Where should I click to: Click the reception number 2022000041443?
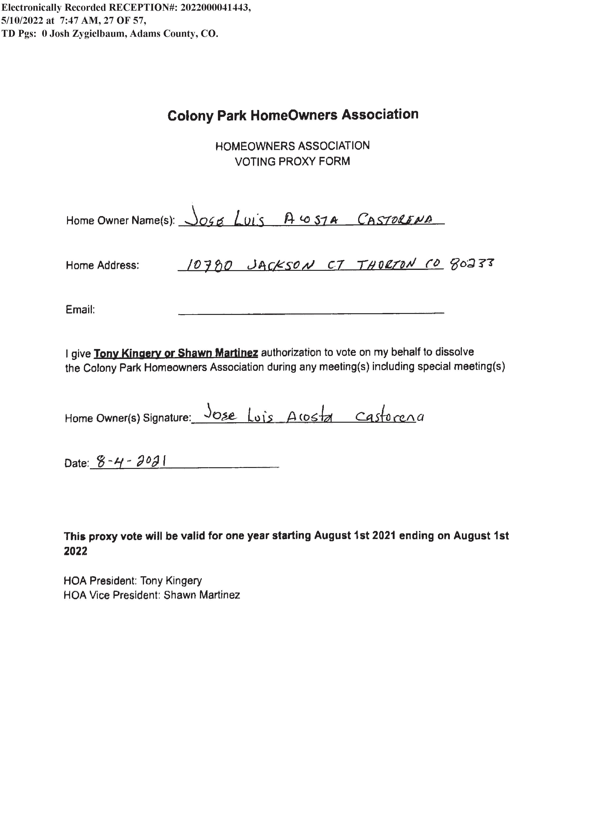pyautogui.click(x=215, y=8)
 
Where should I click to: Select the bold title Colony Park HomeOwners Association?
pyautogui.click(x=293, y=115)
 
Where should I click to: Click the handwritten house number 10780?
pyautogui.click(x=209, y=264)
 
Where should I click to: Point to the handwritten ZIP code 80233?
pyautogui.click(x=472, y=263)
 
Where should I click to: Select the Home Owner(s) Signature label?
pyautogui.click(x=128, y=418)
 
